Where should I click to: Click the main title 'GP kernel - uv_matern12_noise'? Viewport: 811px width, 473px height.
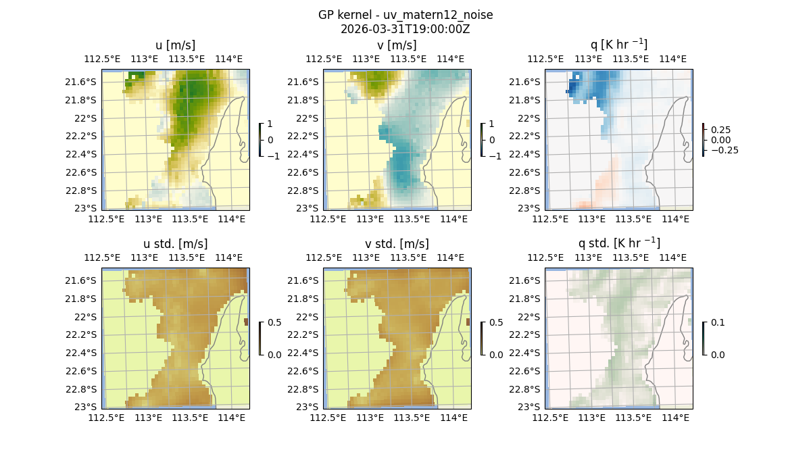click(x=405, y=15)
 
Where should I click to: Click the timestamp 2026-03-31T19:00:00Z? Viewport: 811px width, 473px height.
click(x=405, y=29)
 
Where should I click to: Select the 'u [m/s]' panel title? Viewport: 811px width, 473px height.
click(x=175, y=45)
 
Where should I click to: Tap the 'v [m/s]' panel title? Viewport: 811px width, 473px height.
click(x=397, y=45)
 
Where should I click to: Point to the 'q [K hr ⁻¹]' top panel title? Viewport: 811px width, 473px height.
click(x=618, y=45)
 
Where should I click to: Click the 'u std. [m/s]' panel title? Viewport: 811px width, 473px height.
click(x=175, y=244)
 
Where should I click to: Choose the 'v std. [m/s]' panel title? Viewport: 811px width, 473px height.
click(x=397, y=244)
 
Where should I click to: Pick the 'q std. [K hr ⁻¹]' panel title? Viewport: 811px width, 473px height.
click(x=618, y=243)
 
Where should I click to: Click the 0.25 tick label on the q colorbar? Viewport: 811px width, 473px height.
click(x=720, y=129)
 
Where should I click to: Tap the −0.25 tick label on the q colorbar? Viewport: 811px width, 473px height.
click(x=723, y=150)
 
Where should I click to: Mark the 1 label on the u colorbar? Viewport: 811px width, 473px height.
click(x=270, y=124)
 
